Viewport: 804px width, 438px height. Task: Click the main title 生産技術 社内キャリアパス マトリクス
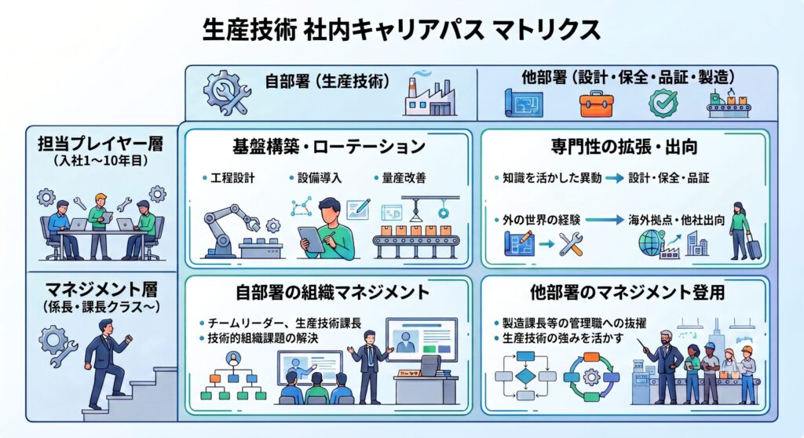click(401, 30)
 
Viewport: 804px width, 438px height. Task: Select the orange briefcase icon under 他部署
click(597, 104)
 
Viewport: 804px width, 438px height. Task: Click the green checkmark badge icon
click(663, 104)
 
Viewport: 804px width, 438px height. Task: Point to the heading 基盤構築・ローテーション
click(329, 147)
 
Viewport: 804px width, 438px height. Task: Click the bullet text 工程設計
click(232, 178)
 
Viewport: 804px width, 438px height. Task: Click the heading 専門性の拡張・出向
click(624, 147)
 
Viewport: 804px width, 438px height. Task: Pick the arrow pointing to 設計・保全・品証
click(614, 178)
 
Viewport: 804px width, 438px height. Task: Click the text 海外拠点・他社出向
click(676, 220)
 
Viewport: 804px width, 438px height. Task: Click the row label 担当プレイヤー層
click(100, 144)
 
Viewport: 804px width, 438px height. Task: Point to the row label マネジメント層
click(100, 290)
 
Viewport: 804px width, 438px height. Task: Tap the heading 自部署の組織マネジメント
click(332, 292)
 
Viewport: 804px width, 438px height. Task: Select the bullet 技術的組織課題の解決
click(262, 338)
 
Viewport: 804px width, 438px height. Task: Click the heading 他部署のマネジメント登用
click(627, 292)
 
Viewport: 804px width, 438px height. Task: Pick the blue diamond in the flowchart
click(525, 376)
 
